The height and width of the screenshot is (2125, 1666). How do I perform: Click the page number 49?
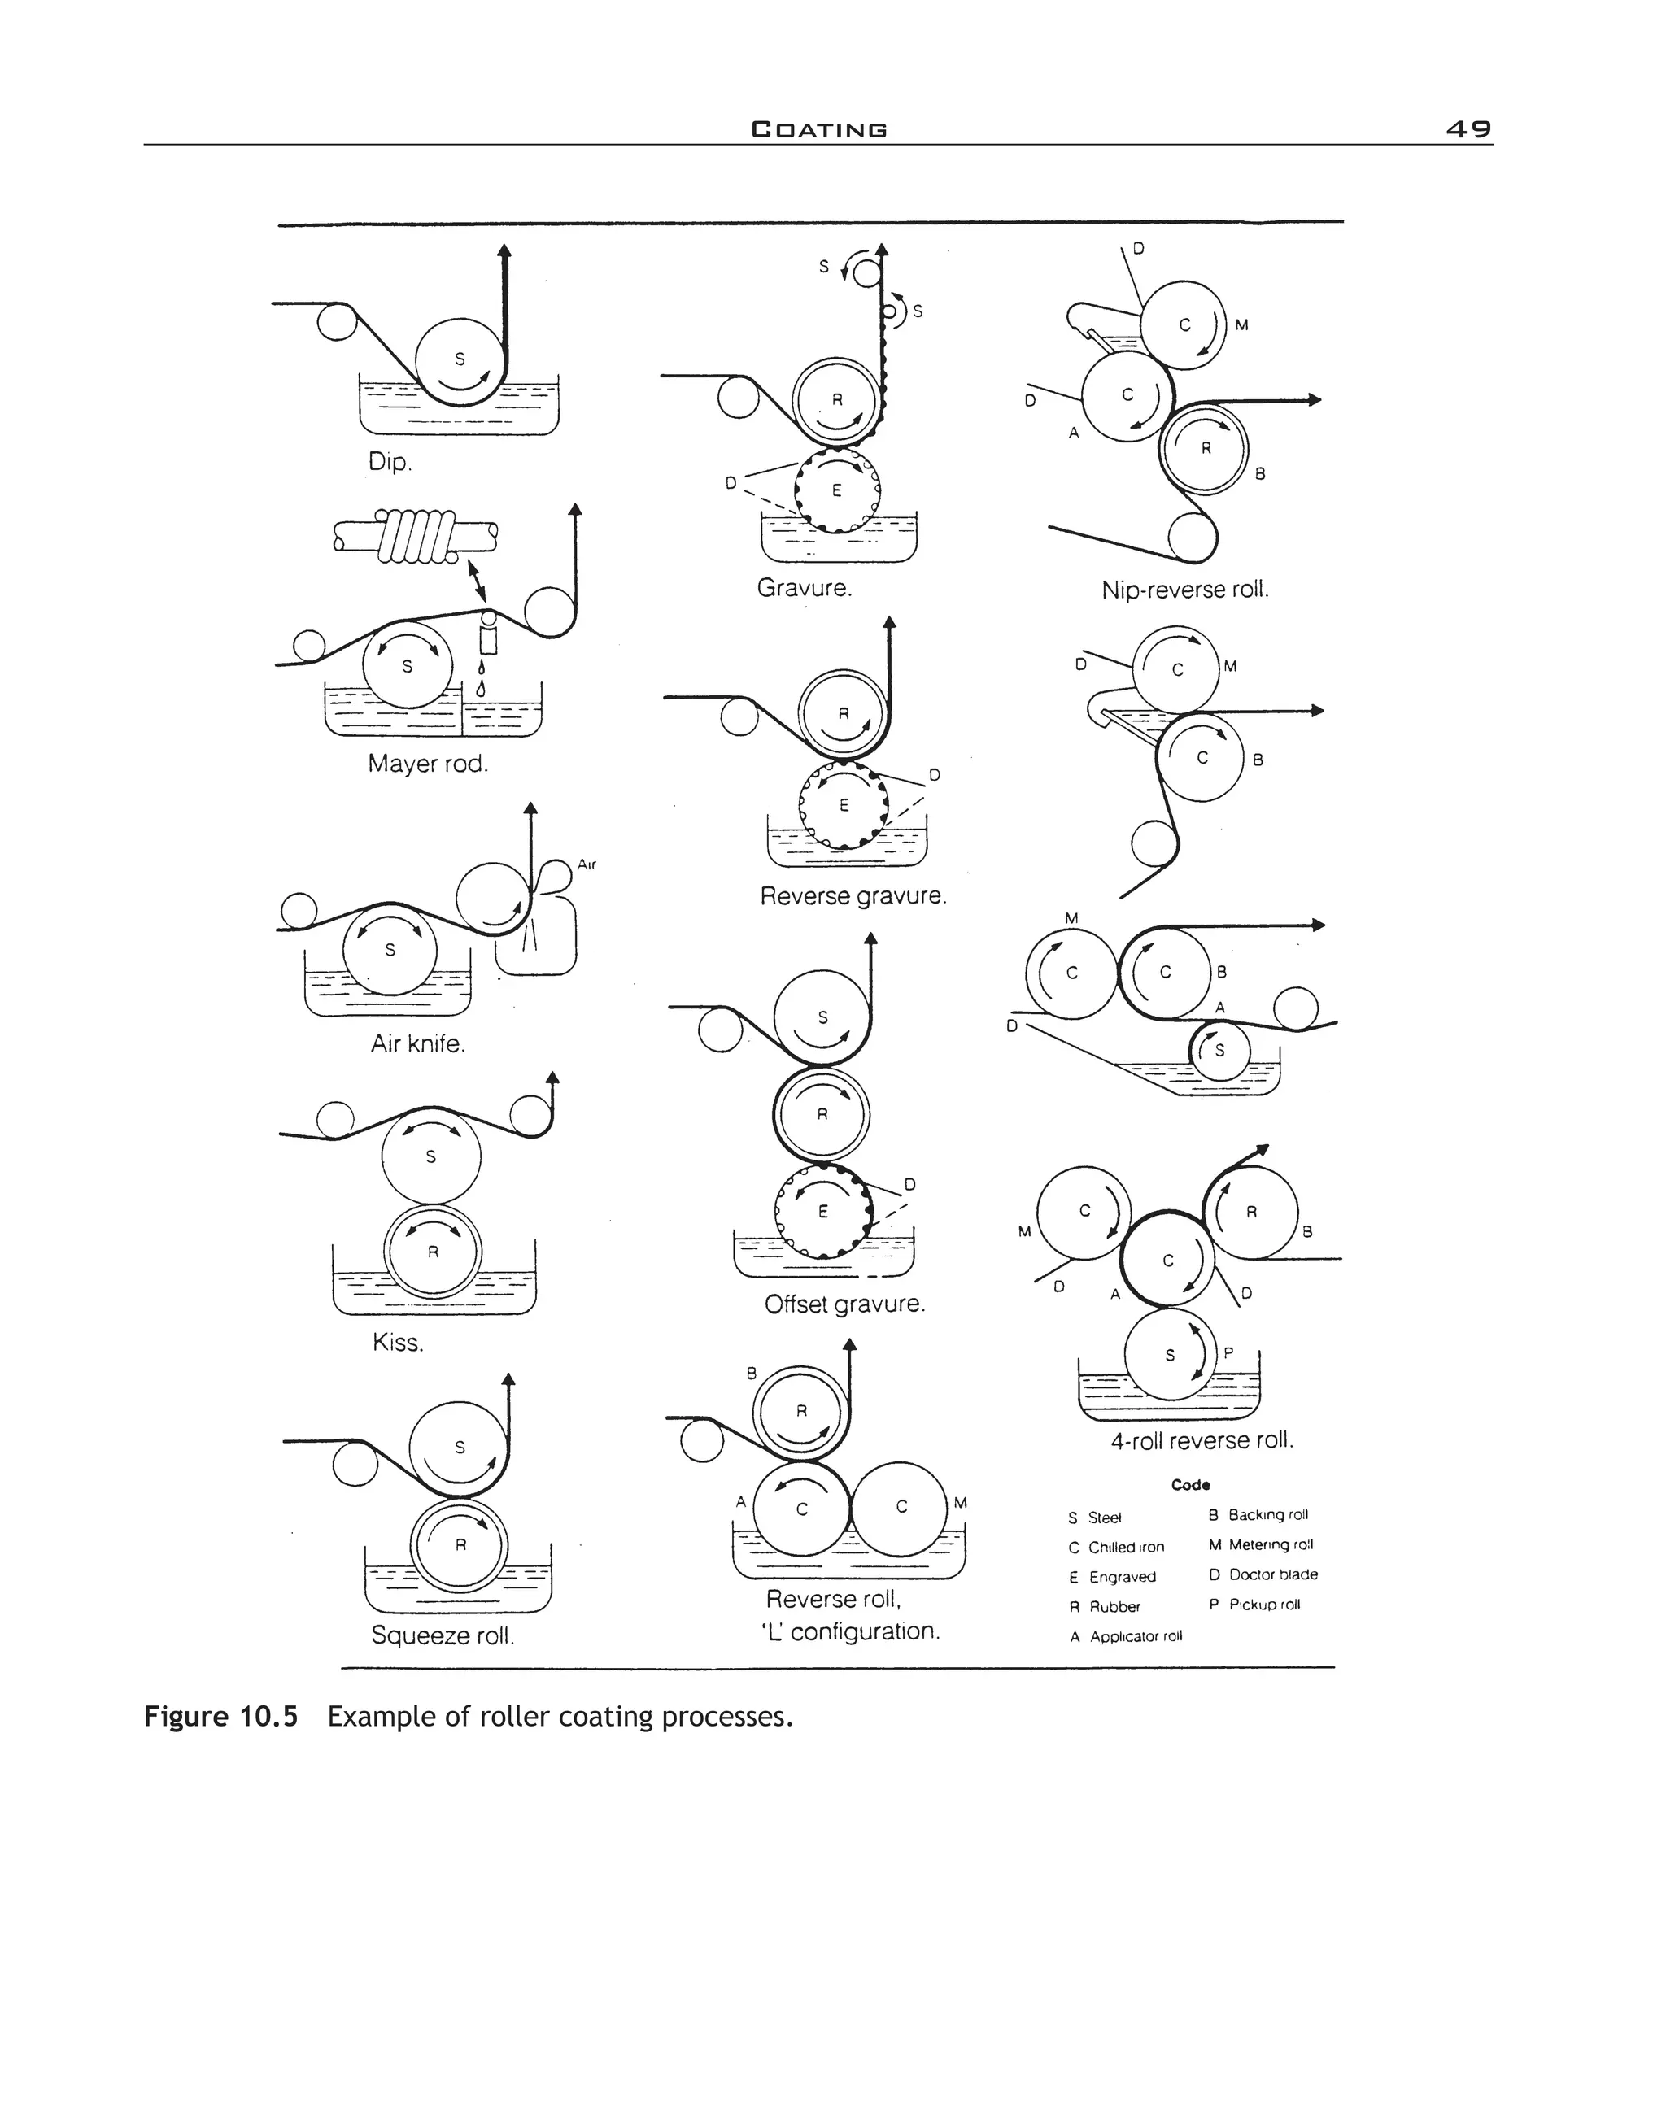pyautogui.click(x=1468, y=128)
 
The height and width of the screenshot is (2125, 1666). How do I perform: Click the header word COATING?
pyautogui.click(x=818, y=129)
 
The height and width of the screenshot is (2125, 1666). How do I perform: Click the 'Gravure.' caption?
pyautogui.click(x=804, y=588)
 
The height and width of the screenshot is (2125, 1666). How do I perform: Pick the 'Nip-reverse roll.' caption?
pyautogui.click(x=1184, y=590)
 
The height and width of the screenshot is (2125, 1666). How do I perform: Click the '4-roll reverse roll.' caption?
pyautogui.click(x=1202, y=1440)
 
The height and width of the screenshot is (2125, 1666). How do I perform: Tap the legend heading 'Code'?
pyautogui.click(x=1190, y=1484)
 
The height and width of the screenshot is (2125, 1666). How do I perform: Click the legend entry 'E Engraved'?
pyautogui.click(x=1112, y=1577)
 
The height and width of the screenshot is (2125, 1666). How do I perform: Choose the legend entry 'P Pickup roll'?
pyautogui.click(x=1254, y=1605)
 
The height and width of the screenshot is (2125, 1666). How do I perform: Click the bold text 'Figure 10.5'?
pyautogui.click(x=220, y=1717)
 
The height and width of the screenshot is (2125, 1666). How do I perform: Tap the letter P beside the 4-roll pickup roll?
pyautogui.click(x=1228, y=1352)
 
